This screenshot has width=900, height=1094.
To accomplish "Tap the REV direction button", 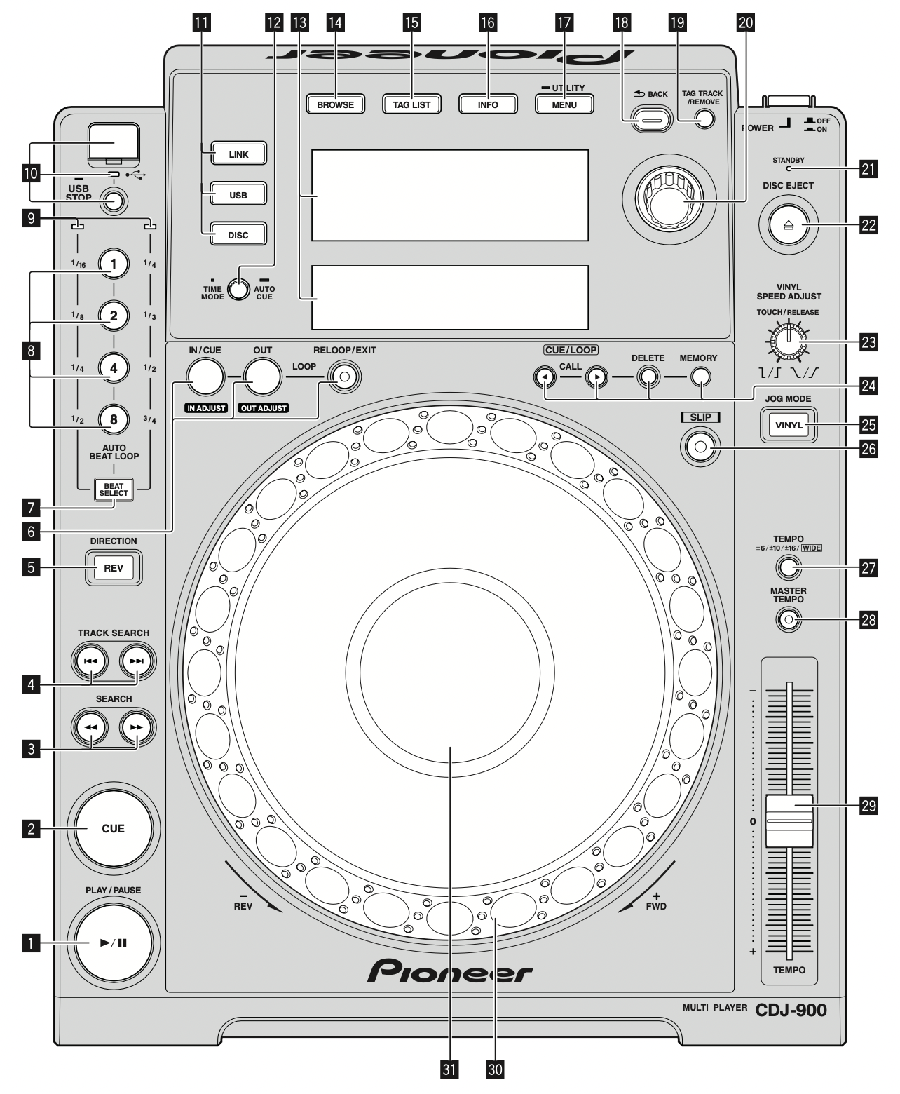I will tap(114, 568).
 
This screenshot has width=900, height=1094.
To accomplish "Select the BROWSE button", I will tap(335, 104).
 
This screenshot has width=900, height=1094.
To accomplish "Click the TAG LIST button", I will tap(411, 104).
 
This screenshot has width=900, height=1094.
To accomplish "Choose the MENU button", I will tap(564, 104).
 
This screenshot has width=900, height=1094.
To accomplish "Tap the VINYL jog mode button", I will tap(789, 424).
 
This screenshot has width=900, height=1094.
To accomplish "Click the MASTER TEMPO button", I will tap(789, 619).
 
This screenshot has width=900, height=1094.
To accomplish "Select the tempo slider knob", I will tap(789, 820).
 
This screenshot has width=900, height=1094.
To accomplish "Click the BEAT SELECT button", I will tap(114, 489).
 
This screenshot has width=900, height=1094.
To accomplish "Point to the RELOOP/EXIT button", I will tap(343, 377).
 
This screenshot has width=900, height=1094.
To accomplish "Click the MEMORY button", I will tap(698, 378).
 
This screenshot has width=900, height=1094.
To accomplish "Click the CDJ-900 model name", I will tap(791, 1010).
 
